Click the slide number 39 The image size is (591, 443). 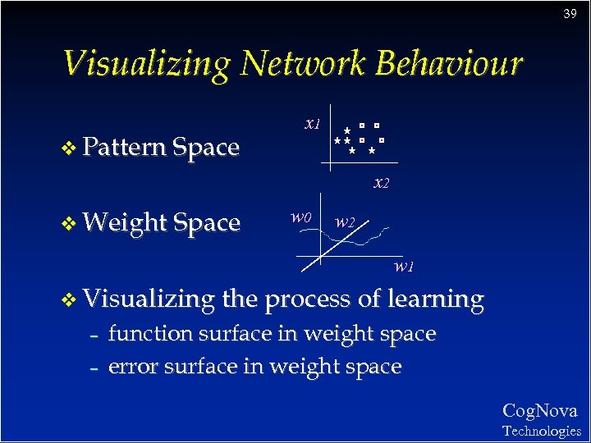pyautogui.click(x=569, y=14)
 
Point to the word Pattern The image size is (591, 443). pyautogui.click(x=124, y=148)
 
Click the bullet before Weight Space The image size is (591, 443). pyautogui.click(x=70, y=223)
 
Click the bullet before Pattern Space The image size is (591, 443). pyautogui.click(x=70, y=148)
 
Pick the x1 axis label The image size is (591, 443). pyautogui.click(x=312, y=125)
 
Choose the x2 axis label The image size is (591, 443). pyautogui.click(x=381, y=183)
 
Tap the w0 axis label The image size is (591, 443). pyautogui.click(x=301, y=217)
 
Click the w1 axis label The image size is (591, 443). pyautogui.click(x=402, y=266)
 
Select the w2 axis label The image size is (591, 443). pyautogui.click(x=346, y=221)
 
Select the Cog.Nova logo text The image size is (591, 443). pyautogui.click(x=539, y=411)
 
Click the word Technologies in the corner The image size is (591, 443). pyautogui.click(x=541, y=431)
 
